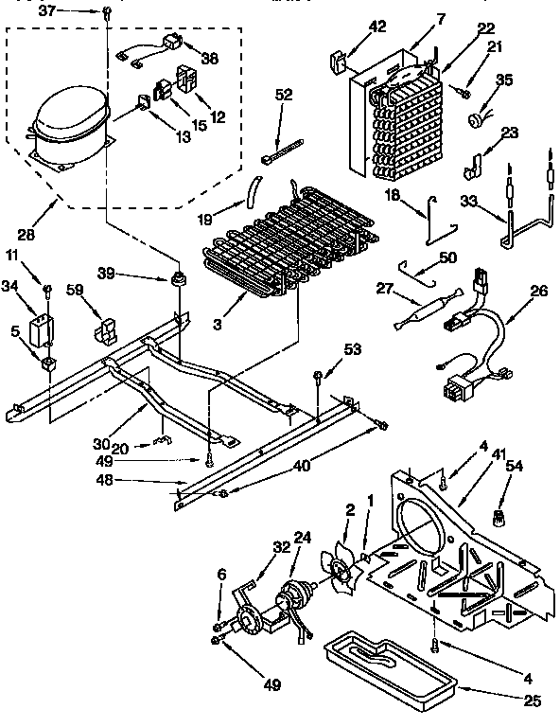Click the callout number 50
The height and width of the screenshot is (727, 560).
(x=448, y=257)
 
